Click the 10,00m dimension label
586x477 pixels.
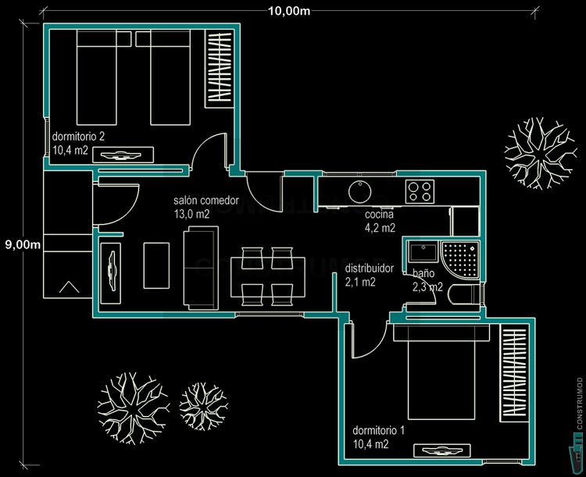click(289, 10)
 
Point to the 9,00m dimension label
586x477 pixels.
click(23, 244)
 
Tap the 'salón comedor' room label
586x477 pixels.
click(202, 200)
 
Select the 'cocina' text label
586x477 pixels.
click(379, 214)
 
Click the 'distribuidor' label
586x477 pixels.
click(370, 268)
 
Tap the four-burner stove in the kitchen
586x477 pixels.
click(420, 190)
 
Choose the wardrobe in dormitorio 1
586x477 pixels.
click(514, 373)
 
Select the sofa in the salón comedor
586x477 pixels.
click(200, 268)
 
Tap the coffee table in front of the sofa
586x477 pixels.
click(157, 265)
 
